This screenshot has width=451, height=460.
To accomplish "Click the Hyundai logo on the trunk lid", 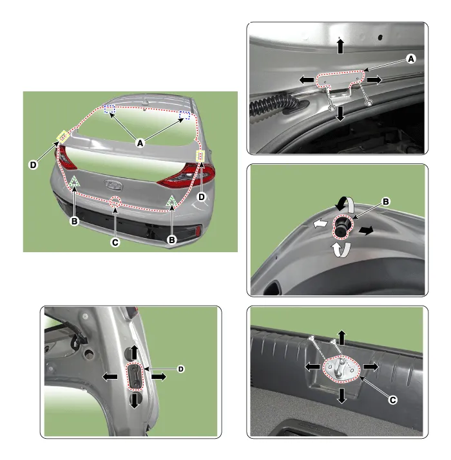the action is (x=113, y=185).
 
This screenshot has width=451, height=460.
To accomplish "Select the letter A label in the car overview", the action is (x=140, y=143).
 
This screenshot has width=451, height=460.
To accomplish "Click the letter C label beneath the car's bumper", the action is (x=115, y=243).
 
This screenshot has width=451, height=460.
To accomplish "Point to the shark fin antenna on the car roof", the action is (x=146, y=102).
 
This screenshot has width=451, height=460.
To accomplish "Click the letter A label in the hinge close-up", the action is (x=411, y=59).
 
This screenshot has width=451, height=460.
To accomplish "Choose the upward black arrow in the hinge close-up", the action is (x=340, y=46).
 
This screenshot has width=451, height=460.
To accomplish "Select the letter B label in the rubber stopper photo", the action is (x=386, y=202).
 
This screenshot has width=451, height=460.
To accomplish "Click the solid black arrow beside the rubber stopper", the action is (x=366, y=230).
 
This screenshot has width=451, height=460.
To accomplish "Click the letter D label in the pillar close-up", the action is (x=181, y=369).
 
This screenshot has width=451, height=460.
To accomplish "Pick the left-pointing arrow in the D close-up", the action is (x=110, y=377).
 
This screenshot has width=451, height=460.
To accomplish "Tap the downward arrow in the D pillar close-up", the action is (x=135, y=401).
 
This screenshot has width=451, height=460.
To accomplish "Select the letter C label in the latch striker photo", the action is (x=392, y=400).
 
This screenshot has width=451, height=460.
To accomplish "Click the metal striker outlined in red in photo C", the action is (x=341, y=369).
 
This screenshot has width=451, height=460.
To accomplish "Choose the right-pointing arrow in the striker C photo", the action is (x=371, y=367).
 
